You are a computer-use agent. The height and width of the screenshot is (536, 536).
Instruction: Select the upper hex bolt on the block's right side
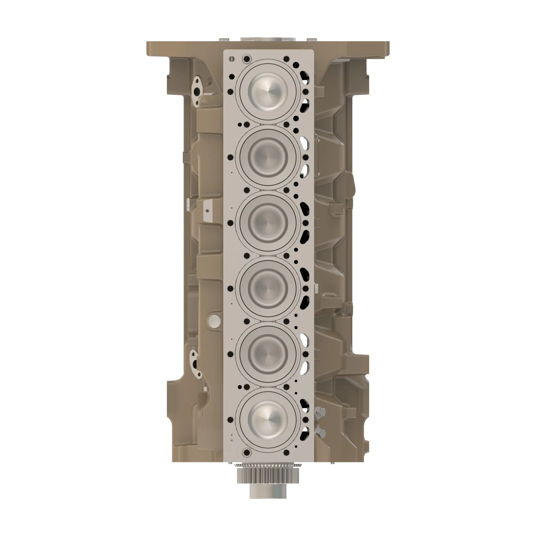(x=321, y=412)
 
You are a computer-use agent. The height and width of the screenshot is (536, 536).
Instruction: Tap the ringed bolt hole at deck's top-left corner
(x=247, y=59)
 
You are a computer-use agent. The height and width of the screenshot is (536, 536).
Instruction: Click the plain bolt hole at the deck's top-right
(x=286, y=59)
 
